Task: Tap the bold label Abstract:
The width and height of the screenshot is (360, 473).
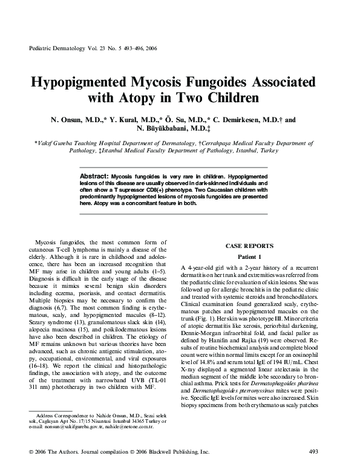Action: [94, 175]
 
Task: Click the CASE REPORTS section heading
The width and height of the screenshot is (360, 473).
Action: [249, 246]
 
